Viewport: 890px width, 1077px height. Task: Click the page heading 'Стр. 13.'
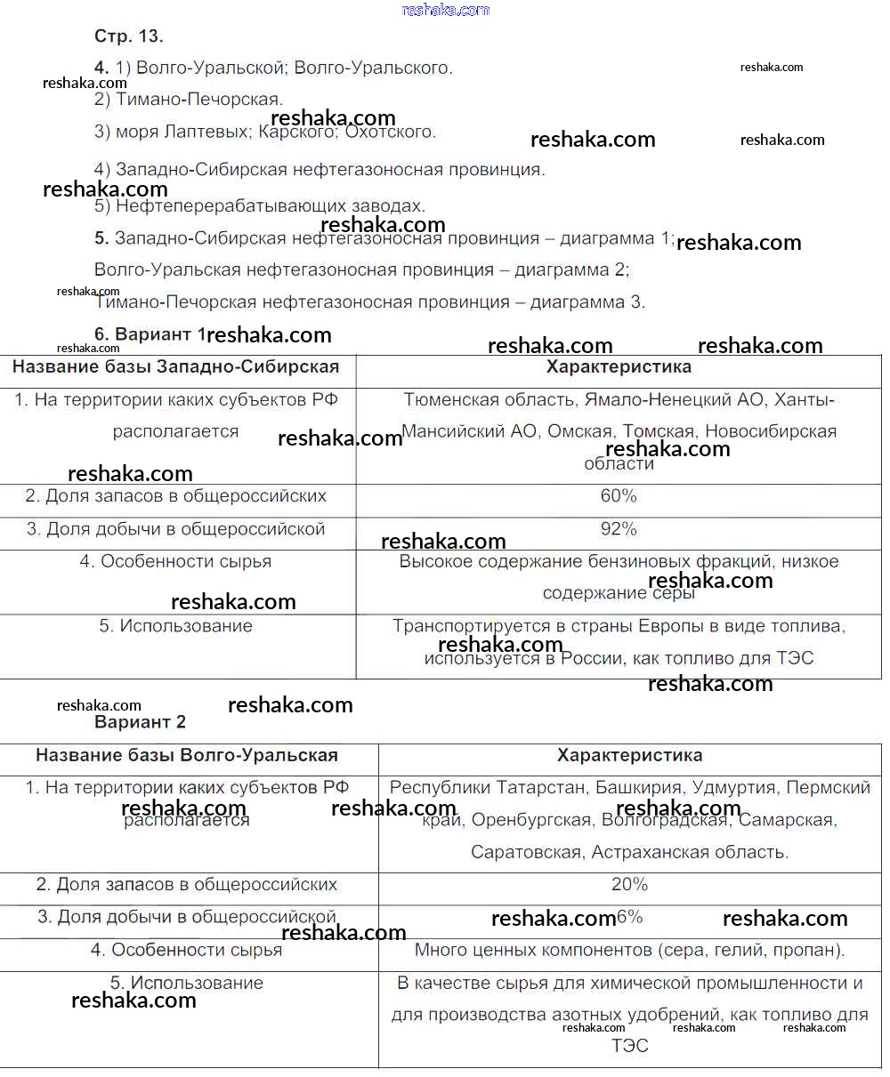(128, 36)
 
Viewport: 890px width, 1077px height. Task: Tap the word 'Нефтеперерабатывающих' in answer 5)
(222, 206)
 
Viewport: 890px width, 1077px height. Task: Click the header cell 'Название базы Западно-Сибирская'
(176, 367)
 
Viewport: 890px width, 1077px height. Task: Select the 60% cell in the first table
(619, 496)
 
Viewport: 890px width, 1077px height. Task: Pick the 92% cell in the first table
(619, 529)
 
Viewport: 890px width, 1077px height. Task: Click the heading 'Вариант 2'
(141, 722)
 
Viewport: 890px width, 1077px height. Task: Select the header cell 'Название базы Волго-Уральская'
(187, 755)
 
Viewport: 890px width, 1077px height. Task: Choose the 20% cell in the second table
(629, 885)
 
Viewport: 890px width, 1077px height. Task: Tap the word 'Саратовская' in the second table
(526, 853)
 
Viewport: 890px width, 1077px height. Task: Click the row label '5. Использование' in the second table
(187, 984)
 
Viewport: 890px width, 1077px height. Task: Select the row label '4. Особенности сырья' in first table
(175, 562)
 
